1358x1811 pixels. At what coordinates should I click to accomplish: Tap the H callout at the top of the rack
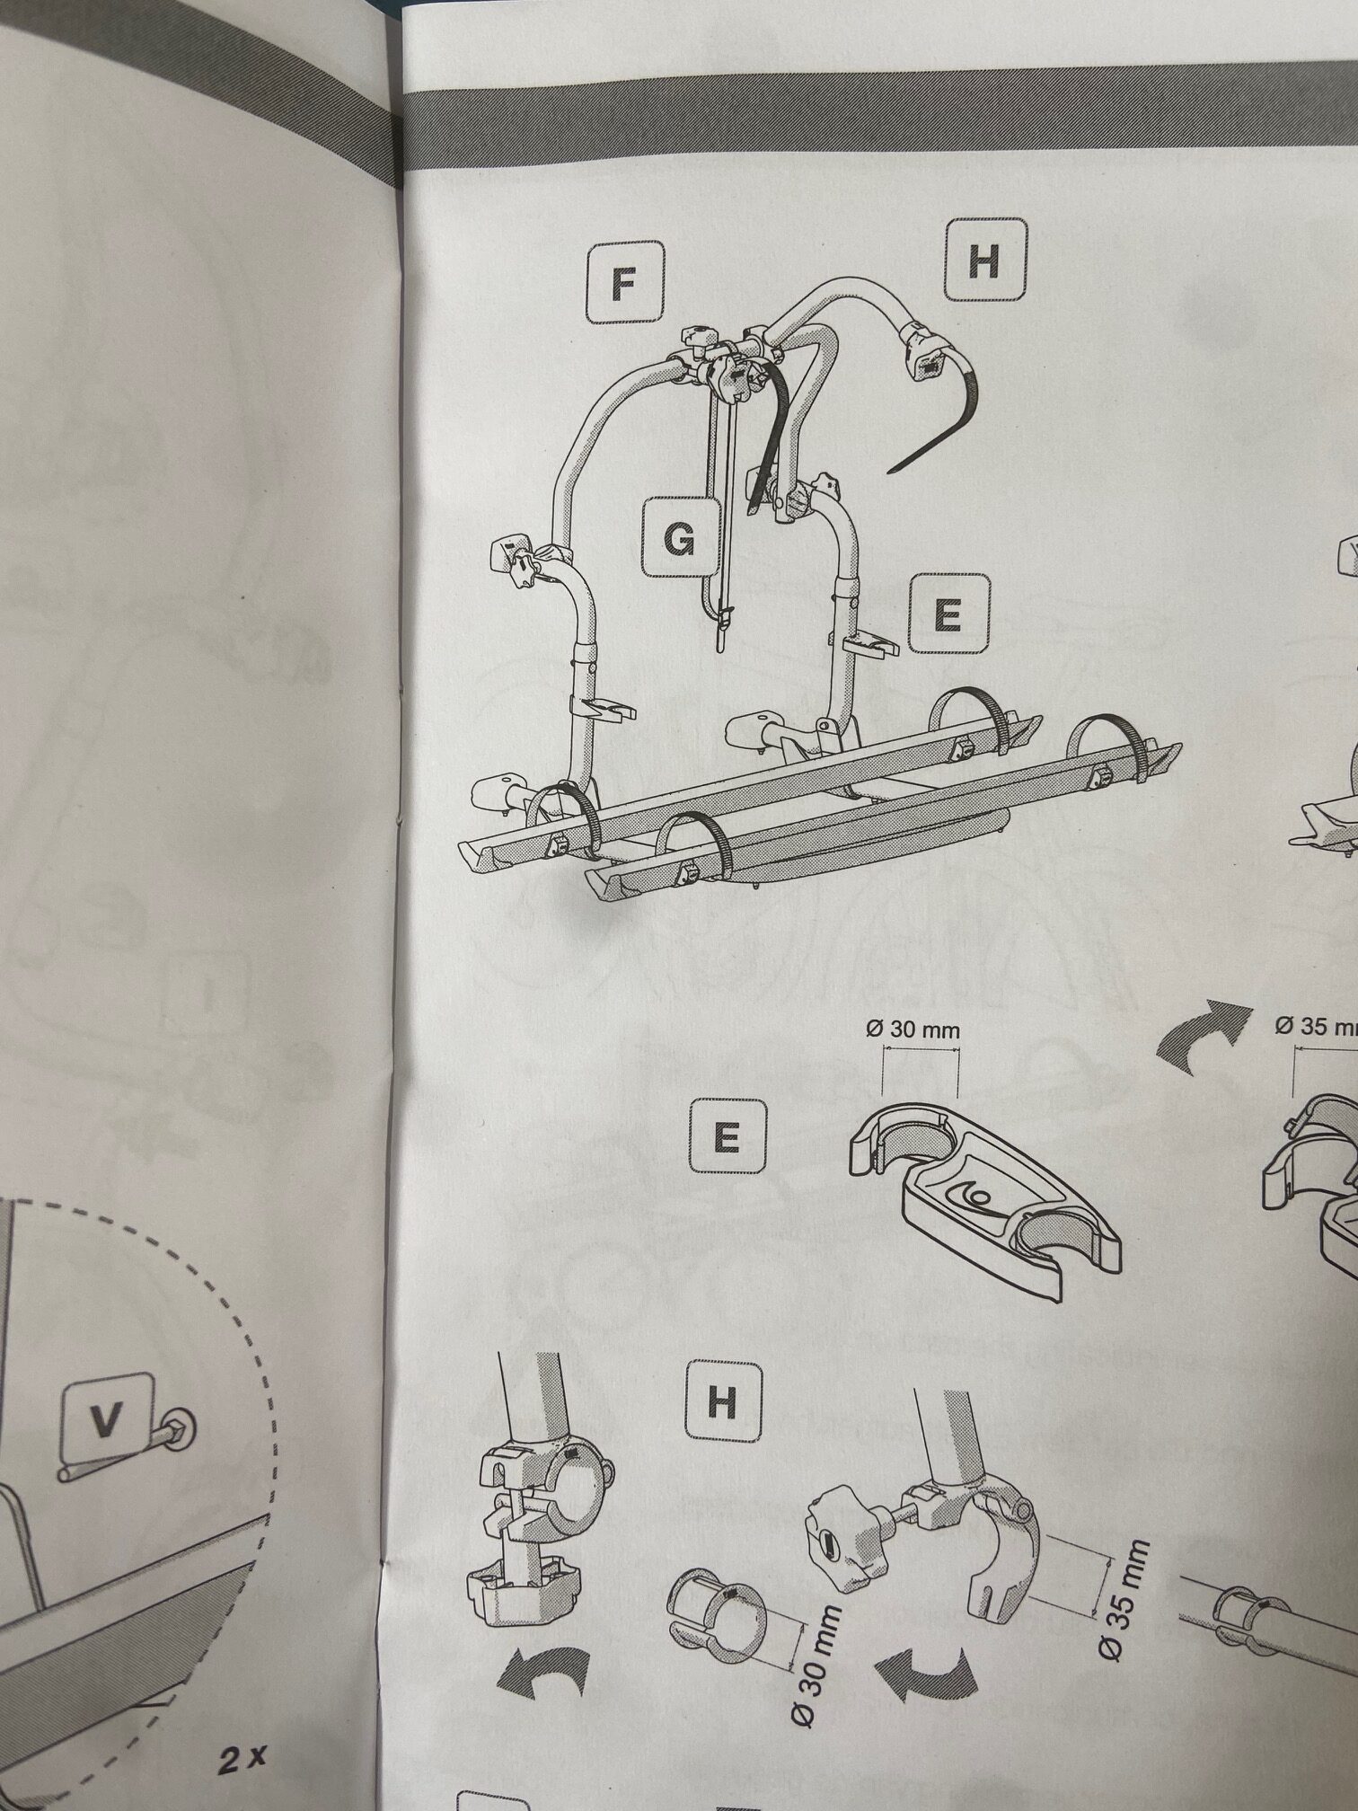click(985, 261)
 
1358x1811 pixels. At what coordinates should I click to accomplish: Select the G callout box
click(682, 538)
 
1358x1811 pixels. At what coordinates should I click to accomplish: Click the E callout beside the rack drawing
click(948, 614)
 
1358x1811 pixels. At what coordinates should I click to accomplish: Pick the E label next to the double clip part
click(728, 1136)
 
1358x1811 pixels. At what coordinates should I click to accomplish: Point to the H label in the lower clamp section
click(723, 1402)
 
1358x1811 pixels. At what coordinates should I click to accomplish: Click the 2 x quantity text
click(241, 1759)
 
